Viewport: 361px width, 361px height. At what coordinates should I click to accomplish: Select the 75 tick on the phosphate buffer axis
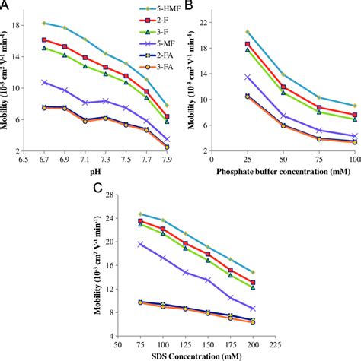coord(318,161)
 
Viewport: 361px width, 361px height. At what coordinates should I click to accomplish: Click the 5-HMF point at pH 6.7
coord(44,23)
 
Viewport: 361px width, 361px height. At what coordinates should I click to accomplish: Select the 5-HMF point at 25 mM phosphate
coord(247,32)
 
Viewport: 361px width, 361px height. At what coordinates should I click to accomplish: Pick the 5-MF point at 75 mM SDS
coord(139,244)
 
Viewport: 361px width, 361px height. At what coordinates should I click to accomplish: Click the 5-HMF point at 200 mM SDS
coord(253,272)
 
